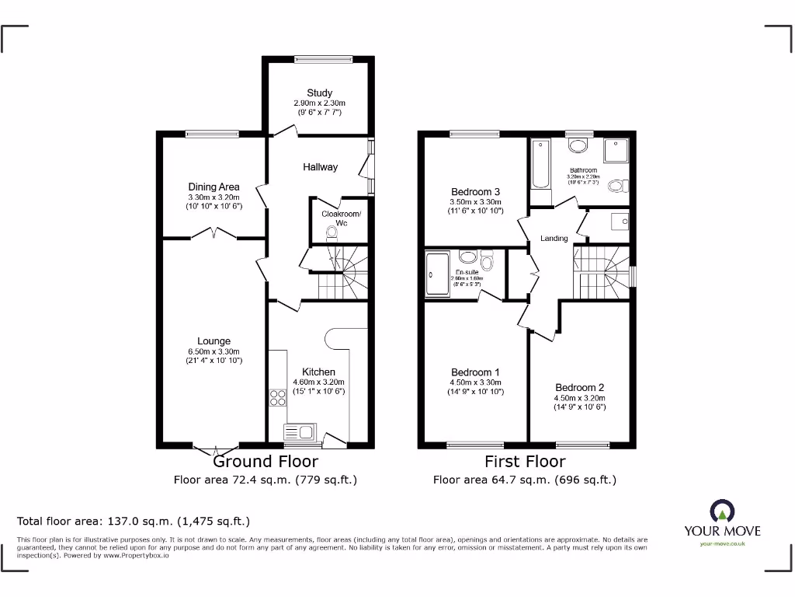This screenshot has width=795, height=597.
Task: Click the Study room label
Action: (318, 93)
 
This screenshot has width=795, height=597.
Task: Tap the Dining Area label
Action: (214, 187)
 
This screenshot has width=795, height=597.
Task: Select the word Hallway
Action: (320, 166)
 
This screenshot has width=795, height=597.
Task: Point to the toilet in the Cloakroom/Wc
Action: (332, 232)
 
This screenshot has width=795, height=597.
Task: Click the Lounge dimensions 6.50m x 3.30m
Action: (214, 351)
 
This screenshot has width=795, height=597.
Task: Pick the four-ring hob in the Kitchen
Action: (277, 397)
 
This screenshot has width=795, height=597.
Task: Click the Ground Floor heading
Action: (265, 462)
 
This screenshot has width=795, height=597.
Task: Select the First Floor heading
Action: (525, 462)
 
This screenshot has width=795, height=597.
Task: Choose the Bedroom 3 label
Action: (475, 192)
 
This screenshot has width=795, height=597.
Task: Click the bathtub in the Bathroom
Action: (540, 164)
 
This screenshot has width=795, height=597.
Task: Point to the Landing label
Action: (554, 238)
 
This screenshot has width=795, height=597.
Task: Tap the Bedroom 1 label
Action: (475, 372)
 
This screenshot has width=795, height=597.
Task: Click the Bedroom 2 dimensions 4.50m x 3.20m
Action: (579, 397)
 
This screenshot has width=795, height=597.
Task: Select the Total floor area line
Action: (134, 522)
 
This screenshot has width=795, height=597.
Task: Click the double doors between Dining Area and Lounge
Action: (214, 232)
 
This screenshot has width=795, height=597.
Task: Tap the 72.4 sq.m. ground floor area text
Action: (265, 480)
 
